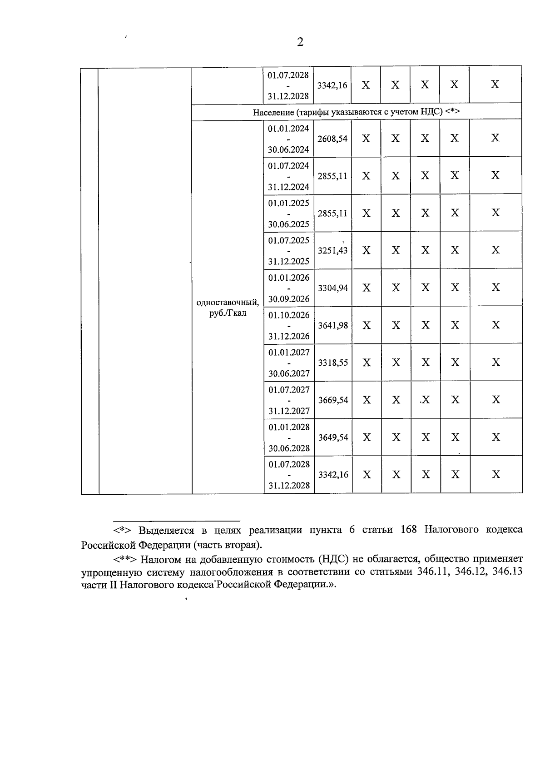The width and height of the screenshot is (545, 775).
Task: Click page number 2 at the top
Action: click(x=299, y=43)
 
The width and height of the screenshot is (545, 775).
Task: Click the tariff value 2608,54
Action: click(x=332, y=139)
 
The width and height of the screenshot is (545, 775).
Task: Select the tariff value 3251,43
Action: click(x=332, y=251)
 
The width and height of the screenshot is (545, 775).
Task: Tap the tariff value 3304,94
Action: click(x=333, y=288)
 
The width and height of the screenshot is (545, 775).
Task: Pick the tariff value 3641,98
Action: click(x=333, y=326)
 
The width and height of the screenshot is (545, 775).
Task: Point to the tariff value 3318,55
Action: click(x=333, y=363)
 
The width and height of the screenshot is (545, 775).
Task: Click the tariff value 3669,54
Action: click(x=333, y=400)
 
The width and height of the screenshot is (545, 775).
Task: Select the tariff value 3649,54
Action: click(x=333, y=438)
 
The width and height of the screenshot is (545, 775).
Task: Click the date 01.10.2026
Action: click(x=289, y=315)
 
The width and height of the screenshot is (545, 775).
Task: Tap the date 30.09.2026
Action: click(x=289, y=299)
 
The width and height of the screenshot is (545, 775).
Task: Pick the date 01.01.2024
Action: click(x=288, y=129)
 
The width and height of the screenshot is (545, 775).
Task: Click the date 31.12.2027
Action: click(x=289, y=411)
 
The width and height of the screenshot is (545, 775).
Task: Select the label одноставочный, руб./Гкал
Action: click(x=228, y=308)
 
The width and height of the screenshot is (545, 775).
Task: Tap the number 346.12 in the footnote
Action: click(x=470, y=572)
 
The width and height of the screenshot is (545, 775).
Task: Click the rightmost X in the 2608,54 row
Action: click(x=495, y=138)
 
